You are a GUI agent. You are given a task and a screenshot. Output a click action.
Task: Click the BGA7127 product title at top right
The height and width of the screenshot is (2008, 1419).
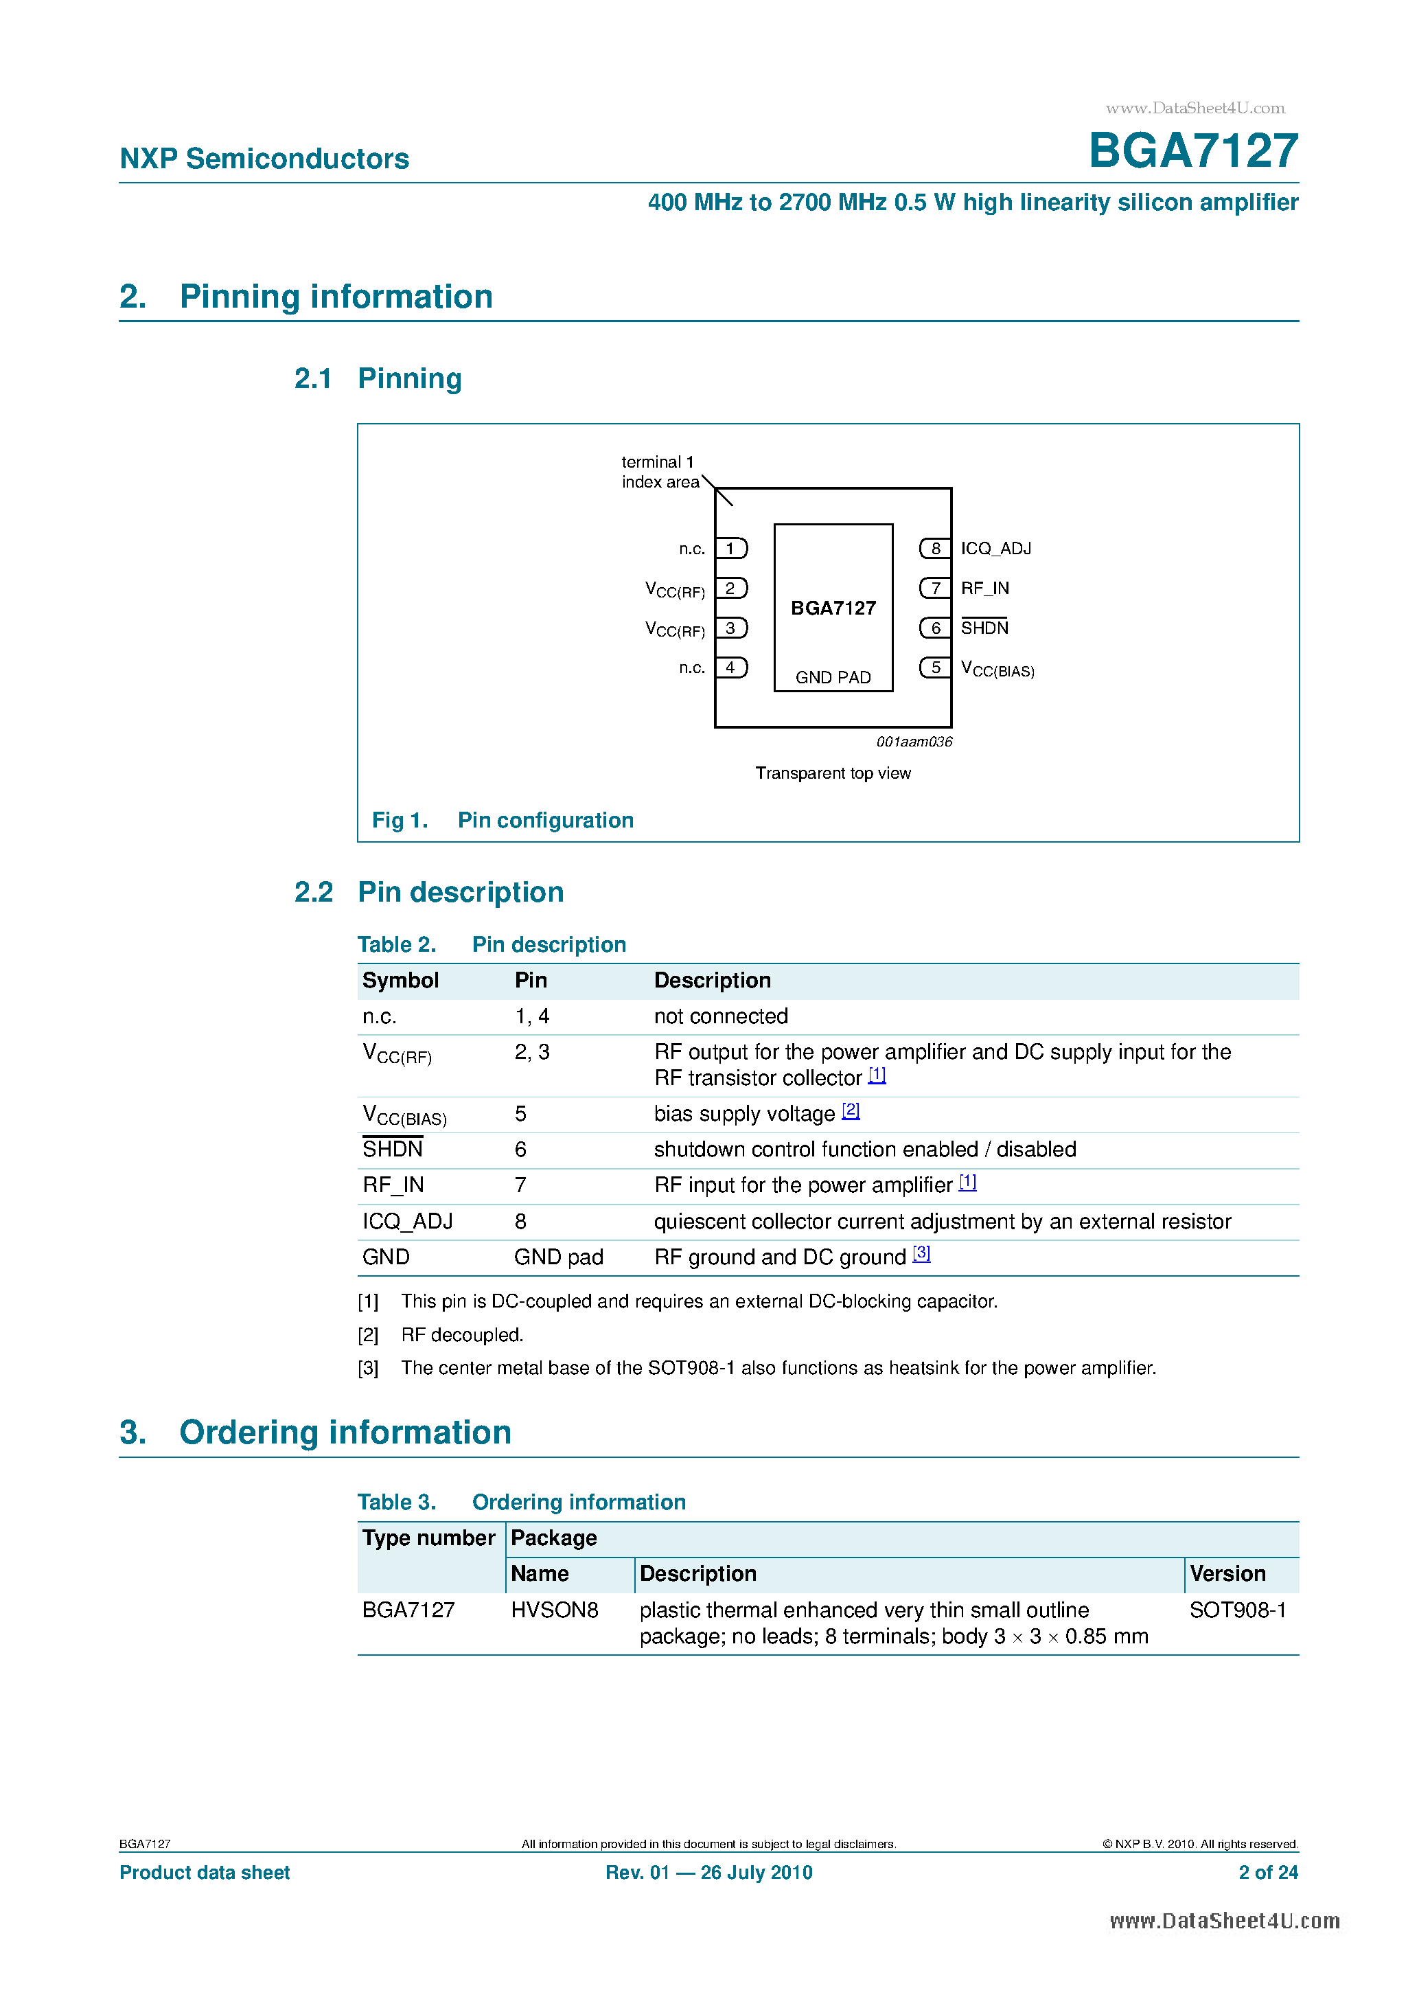[1192, 150]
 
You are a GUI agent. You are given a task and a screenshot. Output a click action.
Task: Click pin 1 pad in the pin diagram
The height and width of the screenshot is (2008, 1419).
[731, 548]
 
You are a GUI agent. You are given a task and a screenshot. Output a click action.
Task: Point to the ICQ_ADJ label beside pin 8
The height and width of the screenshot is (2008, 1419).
[996, 548]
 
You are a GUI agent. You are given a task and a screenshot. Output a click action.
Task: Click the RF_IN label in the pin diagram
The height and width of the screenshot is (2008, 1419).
[984, 589]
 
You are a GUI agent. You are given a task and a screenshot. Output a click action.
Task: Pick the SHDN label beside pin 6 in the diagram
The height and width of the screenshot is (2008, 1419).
[984, 628]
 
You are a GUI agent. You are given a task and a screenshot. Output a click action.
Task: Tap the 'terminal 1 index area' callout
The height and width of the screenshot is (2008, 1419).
[659, 472]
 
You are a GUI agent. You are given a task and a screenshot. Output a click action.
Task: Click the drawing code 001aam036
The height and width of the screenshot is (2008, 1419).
[914, 742]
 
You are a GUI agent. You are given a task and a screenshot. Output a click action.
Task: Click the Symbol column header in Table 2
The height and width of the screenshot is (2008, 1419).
[400, 981]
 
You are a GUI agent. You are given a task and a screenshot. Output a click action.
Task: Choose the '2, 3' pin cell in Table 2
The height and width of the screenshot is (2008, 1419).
[531, 1052]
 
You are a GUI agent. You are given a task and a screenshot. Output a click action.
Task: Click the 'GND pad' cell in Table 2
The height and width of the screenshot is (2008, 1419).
[558, 1257]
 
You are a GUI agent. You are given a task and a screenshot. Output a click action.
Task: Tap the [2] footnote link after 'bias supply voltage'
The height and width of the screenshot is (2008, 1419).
[851, 1110]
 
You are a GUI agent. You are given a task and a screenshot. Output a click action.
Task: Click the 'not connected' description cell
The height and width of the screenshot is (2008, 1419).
[720, 1016]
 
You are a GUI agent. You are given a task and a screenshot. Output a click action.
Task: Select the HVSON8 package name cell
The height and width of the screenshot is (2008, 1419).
[554, 1610]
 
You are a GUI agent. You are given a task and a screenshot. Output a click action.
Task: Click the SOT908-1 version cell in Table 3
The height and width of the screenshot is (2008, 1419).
[1237, 1610]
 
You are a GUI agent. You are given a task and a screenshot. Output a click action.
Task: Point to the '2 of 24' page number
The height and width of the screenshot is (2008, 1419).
[1268, 1873]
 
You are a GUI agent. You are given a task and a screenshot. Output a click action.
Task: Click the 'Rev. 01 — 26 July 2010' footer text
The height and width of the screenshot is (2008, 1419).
[708, 1873]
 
